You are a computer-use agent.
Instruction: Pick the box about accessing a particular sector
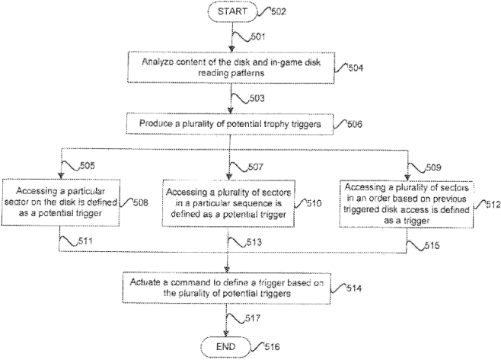click(x=60, y=201)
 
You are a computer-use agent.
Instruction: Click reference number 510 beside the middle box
click(x=314, y=204)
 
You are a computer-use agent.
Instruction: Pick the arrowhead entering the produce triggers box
click(x=228, y=111)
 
